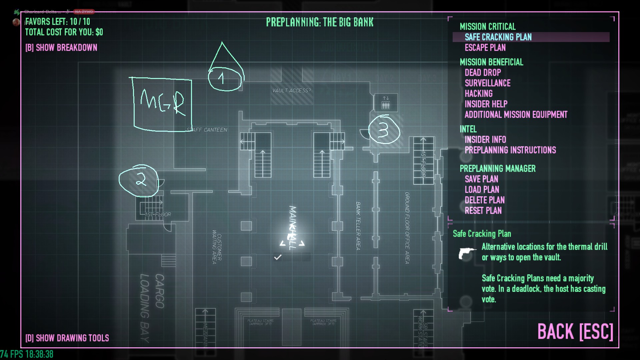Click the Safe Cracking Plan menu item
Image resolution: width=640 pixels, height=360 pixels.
coord(498,37)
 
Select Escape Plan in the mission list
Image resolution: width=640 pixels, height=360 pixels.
coord(485,48)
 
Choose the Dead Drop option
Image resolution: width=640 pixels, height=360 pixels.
coord(483,73)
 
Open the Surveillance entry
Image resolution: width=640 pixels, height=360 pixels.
coord(487,83)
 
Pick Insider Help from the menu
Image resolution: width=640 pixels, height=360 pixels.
coord(486,104)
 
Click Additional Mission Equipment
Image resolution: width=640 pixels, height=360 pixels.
coord(516,115)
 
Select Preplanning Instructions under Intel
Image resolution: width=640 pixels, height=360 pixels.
coord(510,150)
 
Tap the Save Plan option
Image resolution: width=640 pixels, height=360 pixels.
coord(481,179)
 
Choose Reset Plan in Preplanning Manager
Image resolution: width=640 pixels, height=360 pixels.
coord(483,211)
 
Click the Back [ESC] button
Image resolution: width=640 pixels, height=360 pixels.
coord(575,332)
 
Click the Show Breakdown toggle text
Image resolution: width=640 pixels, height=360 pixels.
coord(61,48)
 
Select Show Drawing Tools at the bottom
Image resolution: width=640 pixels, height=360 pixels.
coord(67,338)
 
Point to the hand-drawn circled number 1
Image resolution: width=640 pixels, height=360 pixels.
coord(224,79)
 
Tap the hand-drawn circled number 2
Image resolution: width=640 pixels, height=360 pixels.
coord(139,180)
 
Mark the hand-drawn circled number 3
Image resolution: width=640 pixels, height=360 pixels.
coord(384,129)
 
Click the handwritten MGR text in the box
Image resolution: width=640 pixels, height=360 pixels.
coord(162,102)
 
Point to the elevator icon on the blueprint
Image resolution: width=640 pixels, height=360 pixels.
coord(386,103)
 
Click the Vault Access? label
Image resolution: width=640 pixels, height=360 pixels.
coord(291,91)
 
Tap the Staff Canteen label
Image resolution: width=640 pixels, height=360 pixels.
coord(207,130)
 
